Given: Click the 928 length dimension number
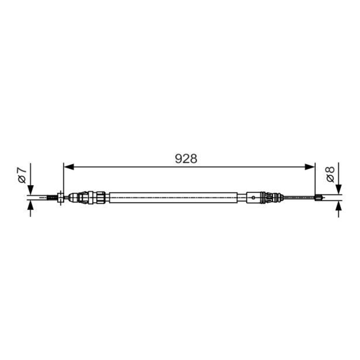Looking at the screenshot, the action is tap(186, 159).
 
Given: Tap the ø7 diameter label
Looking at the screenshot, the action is tap(22, 175).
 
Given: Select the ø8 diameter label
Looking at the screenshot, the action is tap(330, 175).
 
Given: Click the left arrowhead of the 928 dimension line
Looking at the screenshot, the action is tap(68, 167).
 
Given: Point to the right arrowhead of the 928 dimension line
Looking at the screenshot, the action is tap(310, 167).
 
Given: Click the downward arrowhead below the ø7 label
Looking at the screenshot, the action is tap(30, 190).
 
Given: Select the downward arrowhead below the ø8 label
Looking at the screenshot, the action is tap(339, 189).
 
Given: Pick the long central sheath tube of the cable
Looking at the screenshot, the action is tap(173, 198).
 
